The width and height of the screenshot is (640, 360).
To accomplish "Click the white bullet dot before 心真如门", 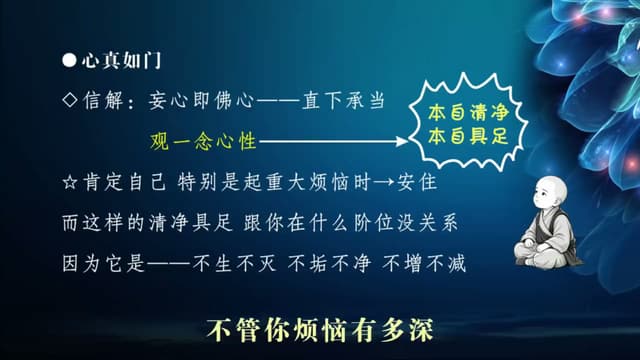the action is (69, 60).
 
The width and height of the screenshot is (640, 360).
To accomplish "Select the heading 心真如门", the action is (121, 60).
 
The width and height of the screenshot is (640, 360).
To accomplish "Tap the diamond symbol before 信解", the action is (70, 100).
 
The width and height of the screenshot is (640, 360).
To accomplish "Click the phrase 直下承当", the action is (343, 100).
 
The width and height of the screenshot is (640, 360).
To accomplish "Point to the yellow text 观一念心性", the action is (203, 141).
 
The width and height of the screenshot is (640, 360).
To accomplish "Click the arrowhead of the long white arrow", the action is (402, 141).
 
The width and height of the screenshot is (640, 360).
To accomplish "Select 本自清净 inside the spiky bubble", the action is (468, 113).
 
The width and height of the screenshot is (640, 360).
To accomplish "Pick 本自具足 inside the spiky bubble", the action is (468, 136).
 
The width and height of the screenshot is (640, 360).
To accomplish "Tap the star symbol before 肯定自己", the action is (70, 182).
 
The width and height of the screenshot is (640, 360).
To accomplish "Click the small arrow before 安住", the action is (384, 182).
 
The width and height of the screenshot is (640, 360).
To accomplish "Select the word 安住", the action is (417, 182).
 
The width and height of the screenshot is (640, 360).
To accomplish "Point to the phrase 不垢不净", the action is (329, 263).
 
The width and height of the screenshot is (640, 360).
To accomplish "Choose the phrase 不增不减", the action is (424, 263).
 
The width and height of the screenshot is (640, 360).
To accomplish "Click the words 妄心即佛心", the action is (201, 100).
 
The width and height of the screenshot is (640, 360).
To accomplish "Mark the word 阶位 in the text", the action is (373, 223).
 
